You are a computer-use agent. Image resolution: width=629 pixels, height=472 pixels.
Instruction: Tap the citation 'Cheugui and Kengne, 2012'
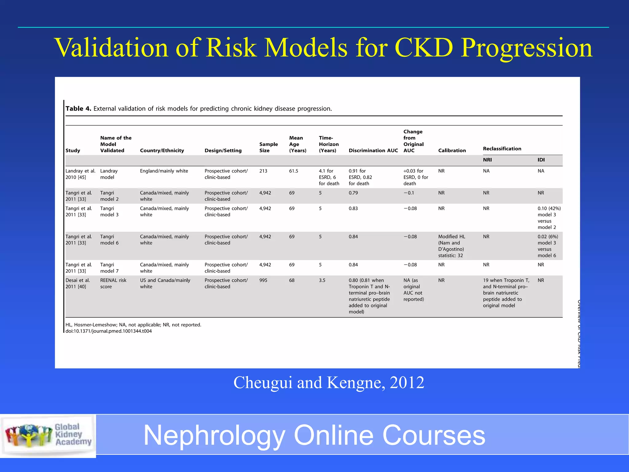tap(329, 383)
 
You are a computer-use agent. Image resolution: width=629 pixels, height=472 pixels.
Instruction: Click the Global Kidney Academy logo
tap(48, 435)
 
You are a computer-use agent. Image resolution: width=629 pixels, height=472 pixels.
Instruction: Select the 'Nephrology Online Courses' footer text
tap(314, 435)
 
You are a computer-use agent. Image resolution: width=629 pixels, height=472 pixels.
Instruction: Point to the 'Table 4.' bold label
tap(78, 108)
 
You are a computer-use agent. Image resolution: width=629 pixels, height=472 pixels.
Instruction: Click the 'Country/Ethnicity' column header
tap(162, 151)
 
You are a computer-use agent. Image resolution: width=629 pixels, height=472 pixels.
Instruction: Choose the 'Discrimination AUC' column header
tap(373, 151)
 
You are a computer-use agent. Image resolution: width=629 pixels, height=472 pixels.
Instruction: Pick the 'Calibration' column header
tap(452, 151)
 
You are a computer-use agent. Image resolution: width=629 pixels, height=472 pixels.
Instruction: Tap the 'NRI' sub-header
tap(487, 160)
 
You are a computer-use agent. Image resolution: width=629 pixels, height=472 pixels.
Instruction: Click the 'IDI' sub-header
tap(541, 160)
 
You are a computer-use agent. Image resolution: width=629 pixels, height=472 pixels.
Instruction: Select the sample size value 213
tap(263, 171)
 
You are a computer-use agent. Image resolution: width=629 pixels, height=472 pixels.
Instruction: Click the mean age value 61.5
tap(293, 171)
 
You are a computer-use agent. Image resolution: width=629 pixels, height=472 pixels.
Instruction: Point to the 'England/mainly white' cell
tap(164, 171)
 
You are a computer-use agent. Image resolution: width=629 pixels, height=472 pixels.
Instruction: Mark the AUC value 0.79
tap(353, 193)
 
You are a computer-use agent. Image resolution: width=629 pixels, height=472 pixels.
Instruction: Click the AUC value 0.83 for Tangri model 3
tap(353, 208)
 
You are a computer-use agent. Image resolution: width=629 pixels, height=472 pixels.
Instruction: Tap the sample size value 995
tap(263, 280)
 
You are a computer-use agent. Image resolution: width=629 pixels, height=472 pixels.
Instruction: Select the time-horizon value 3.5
tap(322, 280)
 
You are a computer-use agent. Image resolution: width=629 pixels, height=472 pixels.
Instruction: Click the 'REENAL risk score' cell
tap(113, 283)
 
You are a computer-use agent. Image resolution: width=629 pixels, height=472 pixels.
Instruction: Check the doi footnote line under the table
tap(108, 331)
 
